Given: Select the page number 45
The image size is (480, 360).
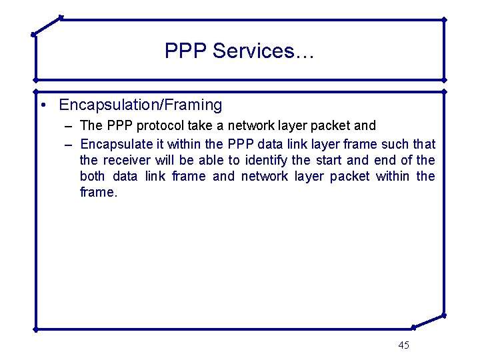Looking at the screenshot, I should pyautogui.click(x=403, y=345).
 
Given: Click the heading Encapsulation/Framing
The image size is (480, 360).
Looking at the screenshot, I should pyautogui.click(x=140, y=105).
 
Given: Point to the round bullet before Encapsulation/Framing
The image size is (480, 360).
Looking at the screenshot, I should pyautogui.click(x=42, y=105).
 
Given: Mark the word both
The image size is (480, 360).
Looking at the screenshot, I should pyautogui.click(x=93, y=176).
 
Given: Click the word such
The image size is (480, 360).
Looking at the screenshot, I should pyautogui.click(x=395, y=144).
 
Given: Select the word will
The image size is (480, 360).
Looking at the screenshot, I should pyautogui.click(x=164, y=160).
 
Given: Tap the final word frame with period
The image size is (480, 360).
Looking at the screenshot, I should pyautogui.click(x=98, y=192).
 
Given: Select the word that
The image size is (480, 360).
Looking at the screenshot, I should pyautogui.click(x=424, y=144).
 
